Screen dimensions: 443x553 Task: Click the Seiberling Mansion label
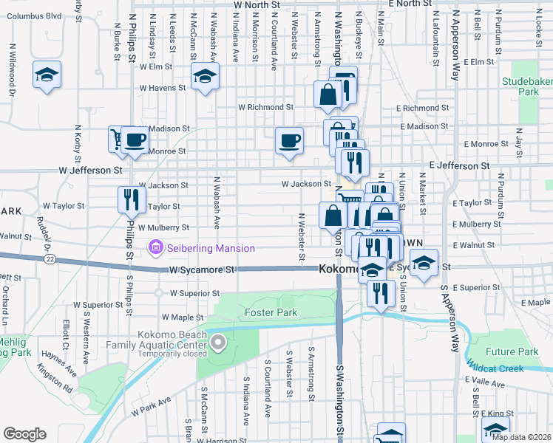pyautogui.click(x=211, y=249)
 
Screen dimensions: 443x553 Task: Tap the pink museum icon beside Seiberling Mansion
pyautogui.click(x=156, y=248)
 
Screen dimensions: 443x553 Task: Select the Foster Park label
pyautogui.click(x=271, y=313)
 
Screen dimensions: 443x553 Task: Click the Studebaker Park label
pyautogui.click(x=529, y=86)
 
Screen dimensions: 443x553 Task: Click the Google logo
pyautogui.click(x=24, y=434)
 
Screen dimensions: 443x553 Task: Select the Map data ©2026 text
pyautogui.click(x=521, y=437)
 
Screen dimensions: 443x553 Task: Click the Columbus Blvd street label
pyautogui.click(x=34, y=16)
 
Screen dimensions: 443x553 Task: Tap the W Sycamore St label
pyautogui.click(x=200, y=271)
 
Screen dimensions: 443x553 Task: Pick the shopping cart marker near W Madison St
pyautogui.click(x=118, y=138)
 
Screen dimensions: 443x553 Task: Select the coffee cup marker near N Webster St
pyautogui.click(x=289, y=139)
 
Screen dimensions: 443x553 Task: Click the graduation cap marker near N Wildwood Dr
pyautogui.click(x=47, y=74)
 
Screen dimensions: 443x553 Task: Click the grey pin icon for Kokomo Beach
pyautogui.click(x=217, y=342)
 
